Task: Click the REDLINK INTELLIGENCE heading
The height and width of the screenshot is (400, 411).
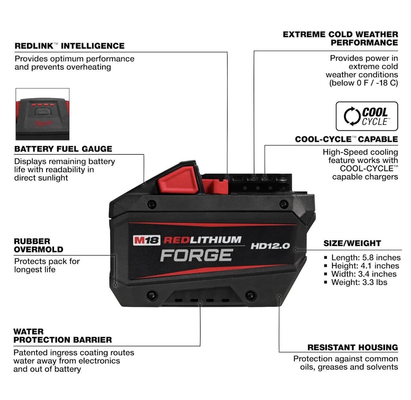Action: [x=69, y=46]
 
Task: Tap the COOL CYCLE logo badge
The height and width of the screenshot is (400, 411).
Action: [x=367, y=116]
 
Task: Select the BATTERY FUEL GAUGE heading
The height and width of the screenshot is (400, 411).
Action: [x=63, y=149]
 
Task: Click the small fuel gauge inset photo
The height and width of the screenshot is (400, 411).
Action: [x=43, y=114]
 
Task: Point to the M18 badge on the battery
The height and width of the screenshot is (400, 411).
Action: [x=147, y=240]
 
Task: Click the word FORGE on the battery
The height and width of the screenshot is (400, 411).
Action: [x=196, y=255]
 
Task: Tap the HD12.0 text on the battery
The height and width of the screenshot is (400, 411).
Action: [x=270, y=246]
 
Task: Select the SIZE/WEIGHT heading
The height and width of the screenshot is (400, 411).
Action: [x=352, y=243]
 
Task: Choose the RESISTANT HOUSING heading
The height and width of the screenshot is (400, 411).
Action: [x=352, y=347]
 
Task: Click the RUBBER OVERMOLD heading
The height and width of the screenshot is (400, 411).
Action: [x=38, y=245]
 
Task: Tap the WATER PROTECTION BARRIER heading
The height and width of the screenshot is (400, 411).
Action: [x=62, y=336]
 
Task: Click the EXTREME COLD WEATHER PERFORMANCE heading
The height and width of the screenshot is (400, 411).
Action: [x=340, y=38]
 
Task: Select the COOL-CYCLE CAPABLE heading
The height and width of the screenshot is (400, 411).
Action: [x=346, y=139]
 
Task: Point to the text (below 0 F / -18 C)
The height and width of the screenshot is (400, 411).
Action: [x=364, y=83]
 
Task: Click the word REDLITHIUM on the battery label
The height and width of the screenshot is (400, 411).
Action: [x=202, y=240]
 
